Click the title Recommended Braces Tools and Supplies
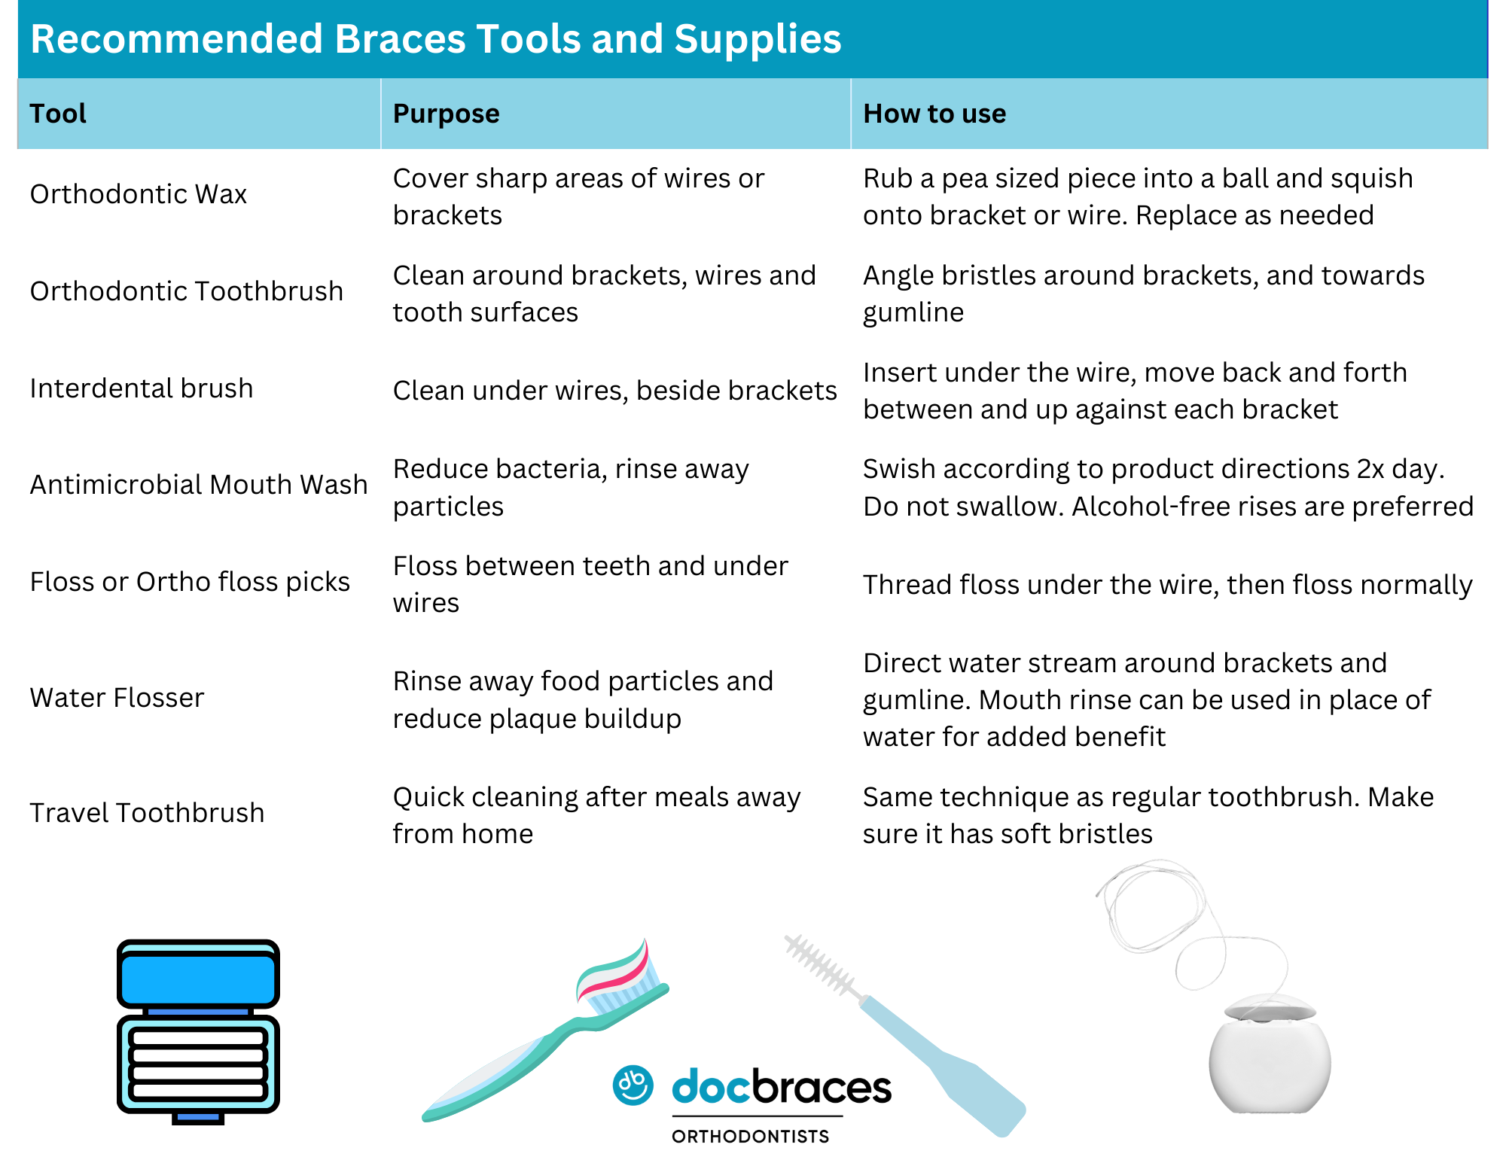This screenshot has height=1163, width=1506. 435,38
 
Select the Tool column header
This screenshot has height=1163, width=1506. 58,114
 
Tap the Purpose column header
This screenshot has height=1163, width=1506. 446,114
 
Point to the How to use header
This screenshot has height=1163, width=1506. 934,114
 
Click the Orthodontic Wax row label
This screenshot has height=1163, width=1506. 139,194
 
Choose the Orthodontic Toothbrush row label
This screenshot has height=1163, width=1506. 187,291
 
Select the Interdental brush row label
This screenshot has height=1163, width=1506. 142,388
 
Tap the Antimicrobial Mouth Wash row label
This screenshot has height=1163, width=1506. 199,485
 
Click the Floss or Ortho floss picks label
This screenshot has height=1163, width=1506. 190,582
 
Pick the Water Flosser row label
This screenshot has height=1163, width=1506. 117,698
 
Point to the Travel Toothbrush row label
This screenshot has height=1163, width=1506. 147,813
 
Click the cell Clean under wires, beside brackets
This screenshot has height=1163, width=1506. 615,391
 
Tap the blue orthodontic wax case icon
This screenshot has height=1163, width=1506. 198,1031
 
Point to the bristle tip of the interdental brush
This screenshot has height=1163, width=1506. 789,941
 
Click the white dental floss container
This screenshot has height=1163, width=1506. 1270,1054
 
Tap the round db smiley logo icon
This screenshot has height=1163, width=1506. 633,1085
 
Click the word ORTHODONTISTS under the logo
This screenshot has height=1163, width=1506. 750,1137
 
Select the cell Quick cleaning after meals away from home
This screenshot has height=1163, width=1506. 596,816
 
